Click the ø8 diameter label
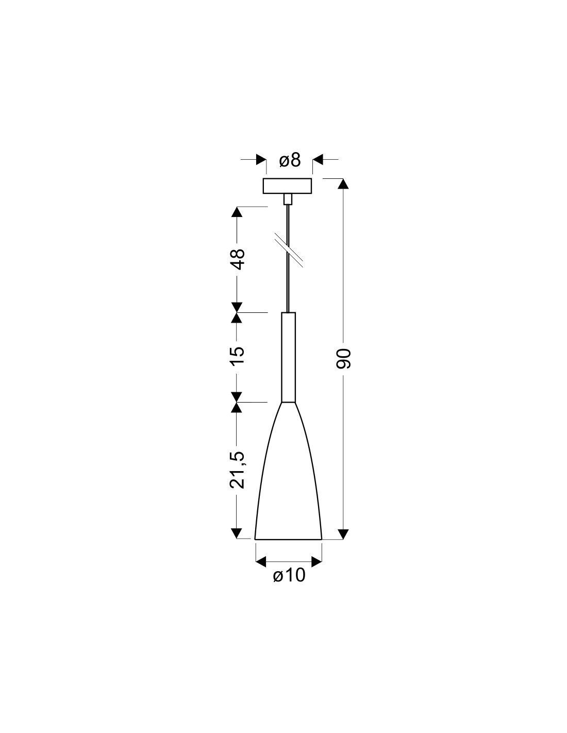coord(290,160)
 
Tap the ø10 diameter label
coord(289,575)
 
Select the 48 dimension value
coord(237,259)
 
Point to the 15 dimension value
coord(237,355)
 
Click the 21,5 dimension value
coord(237,470)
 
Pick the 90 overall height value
coord(344,359)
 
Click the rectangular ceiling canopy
coord(288,186)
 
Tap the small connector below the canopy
coord(288,199)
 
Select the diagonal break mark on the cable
coord(289,250)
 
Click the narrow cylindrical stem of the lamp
coord(288,357)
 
